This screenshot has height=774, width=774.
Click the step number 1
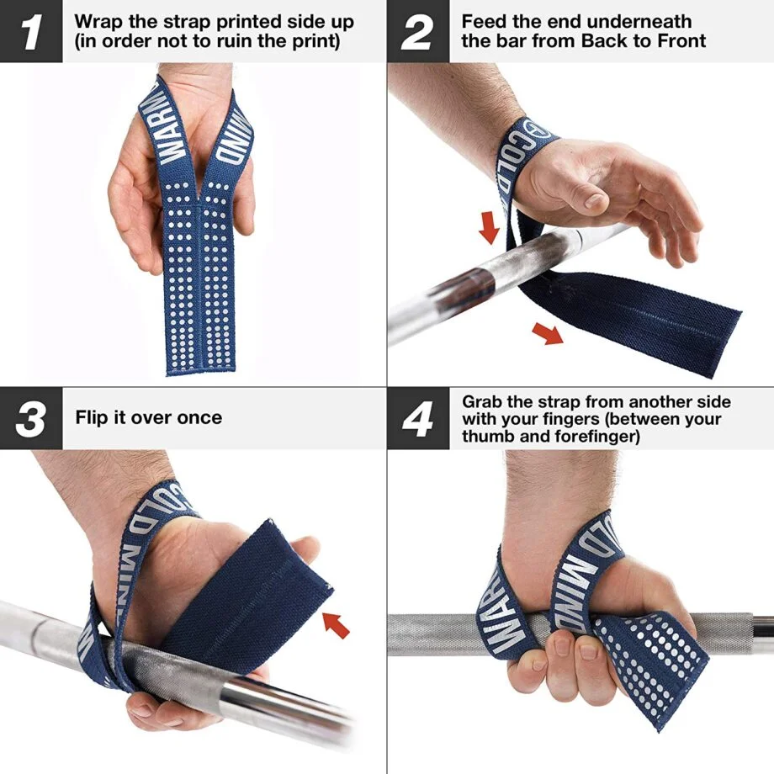coord(30,31)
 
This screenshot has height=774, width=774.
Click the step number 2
coord(417,31)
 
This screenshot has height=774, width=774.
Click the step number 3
coord(30,418)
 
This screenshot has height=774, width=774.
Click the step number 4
coord(417,418)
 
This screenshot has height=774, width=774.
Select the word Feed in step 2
coord(485,21)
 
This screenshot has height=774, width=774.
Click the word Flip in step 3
coord(93,417)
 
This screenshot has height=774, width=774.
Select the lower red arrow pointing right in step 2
coord(549,334)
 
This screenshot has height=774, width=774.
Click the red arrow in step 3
coord(336,623)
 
